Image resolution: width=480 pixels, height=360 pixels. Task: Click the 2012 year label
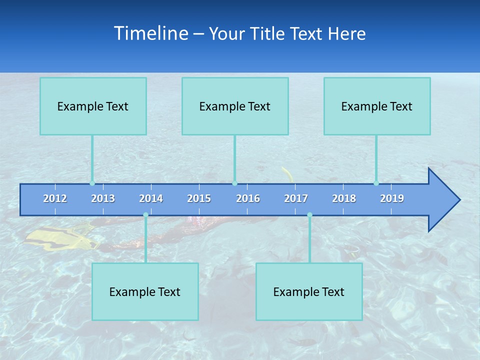[55, 198]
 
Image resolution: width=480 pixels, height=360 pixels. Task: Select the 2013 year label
[103, 198]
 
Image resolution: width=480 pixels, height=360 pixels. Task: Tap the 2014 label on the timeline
[151, 198]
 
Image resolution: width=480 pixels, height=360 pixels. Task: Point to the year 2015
[199, 198]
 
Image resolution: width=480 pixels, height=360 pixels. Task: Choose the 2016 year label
[248, 198]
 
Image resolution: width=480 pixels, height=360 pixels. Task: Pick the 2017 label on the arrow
[296, 198]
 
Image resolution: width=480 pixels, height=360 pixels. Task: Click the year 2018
[344, 198]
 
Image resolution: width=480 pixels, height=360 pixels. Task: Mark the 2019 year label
[392, 198]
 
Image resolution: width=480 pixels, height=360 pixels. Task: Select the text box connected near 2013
[93, 106]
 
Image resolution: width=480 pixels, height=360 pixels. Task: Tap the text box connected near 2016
[235, 106]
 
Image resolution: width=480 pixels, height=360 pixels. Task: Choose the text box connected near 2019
[377, 106]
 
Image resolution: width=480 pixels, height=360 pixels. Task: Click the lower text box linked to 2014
[145, 291]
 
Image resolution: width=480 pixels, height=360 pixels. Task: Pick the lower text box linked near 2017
[309, 291]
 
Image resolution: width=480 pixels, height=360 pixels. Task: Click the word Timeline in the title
[151, 33]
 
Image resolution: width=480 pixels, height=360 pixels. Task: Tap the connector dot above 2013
[92, 183]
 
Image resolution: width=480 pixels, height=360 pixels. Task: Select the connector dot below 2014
[145, 215]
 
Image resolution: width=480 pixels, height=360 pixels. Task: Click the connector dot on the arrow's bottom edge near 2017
[309, 215]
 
